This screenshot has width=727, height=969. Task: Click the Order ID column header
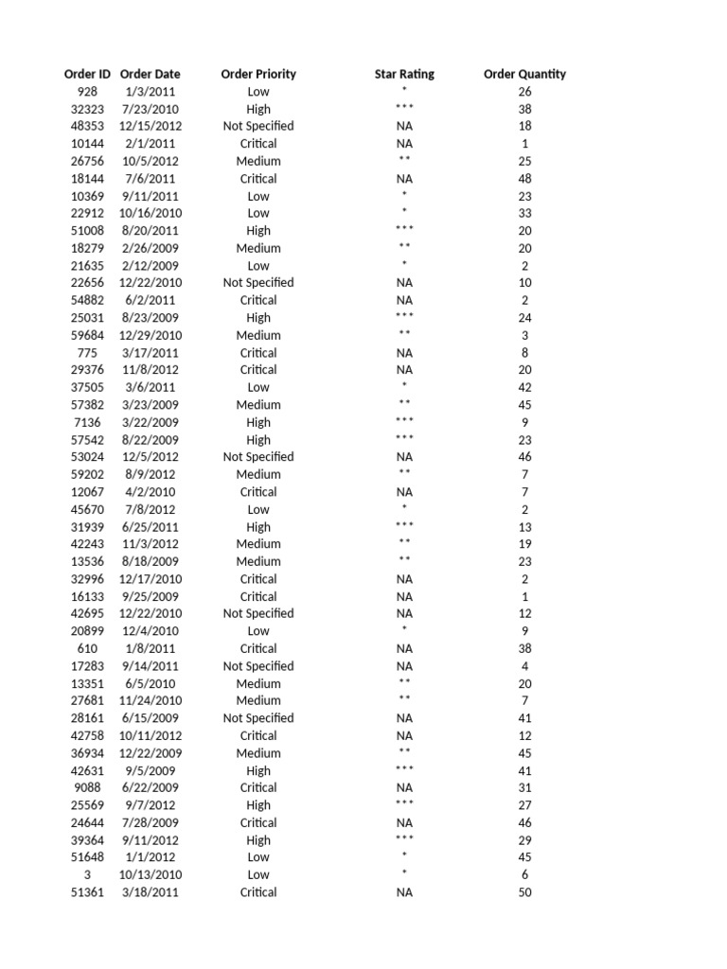[x=87, y=74]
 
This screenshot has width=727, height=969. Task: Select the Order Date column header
[x=151, y=74]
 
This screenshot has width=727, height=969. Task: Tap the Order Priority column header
[x=258, y=74]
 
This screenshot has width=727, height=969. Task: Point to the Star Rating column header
[x=404, y=74]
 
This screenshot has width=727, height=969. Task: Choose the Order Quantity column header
[x=524, y=74]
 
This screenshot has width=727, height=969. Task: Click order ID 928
[x=87, y=92]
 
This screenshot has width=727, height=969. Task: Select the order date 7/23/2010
[x=151, y=109]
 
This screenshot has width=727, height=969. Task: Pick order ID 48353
[x=87, y=126]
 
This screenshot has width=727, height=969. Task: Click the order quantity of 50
[x=525, y=892]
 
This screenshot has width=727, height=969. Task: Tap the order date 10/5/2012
[x=151, y=161]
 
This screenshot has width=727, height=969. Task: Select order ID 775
[x=87, y=353]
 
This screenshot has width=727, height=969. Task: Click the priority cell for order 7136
[x=258, y=422]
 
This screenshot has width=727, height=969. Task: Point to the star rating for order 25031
[x=404, y=317]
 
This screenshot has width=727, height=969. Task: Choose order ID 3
[x=87, y=874]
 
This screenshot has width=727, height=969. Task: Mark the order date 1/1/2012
[x=151, y=857]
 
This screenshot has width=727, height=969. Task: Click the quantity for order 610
[x=525, y=648]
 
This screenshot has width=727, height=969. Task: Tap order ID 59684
[x=87, y=335]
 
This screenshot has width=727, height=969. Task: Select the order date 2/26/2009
[x=151, y=248]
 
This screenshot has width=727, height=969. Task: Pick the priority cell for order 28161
[x=258, y=718]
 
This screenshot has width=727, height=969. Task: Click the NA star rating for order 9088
[x=404, y=787]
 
